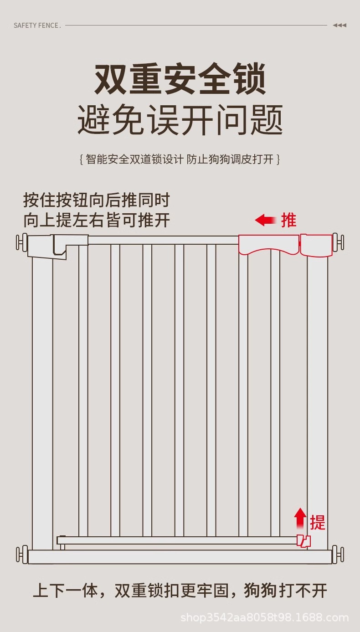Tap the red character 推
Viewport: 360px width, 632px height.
288,220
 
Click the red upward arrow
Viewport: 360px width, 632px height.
300,518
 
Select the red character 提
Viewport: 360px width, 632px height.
318,522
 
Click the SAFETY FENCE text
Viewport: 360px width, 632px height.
37,26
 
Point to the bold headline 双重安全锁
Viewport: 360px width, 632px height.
180,80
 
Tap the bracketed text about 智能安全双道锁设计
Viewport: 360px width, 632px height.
180,159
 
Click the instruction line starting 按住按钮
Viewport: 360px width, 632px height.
96,200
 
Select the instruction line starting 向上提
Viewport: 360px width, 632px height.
97,220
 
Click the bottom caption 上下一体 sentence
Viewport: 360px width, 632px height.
180,591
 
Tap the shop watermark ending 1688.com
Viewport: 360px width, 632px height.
264,618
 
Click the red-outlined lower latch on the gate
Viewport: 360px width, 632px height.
304,541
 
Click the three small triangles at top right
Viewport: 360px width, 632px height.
339,26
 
